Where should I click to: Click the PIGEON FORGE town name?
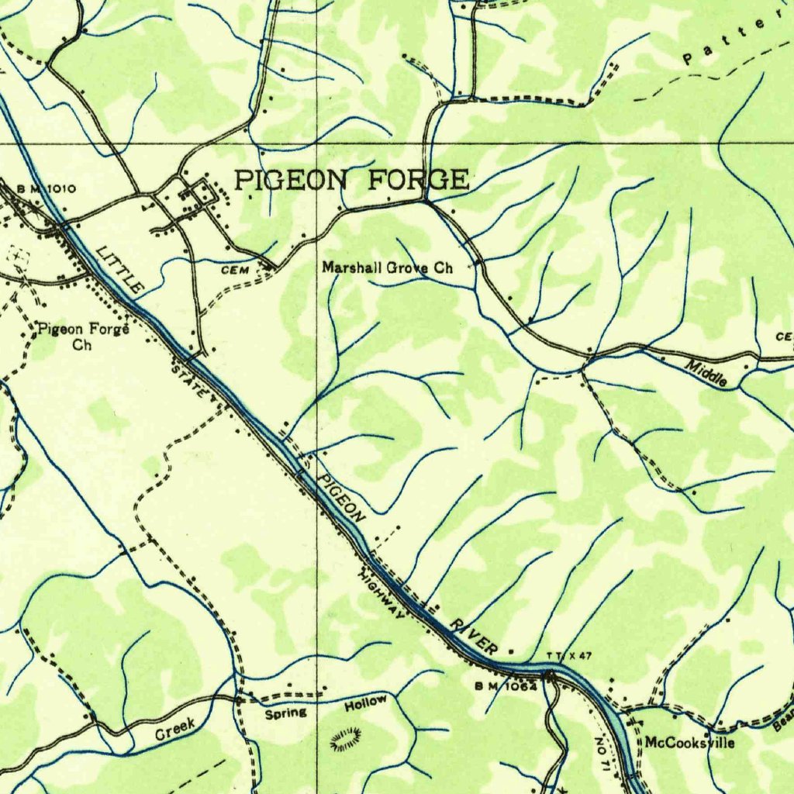pos(352,180)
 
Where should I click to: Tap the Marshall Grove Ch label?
pos(387,268)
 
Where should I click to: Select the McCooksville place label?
pos(689,743)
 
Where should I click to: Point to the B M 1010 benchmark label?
pos(47,188)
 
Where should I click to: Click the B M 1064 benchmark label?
pos(506,685)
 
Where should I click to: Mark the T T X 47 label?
pos(569,656)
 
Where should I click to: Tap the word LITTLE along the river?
pos(120,268)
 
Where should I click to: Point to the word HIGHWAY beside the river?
pos(381,595)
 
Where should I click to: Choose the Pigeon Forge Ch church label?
pos(82,336)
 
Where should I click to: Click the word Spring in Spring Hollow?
pos(286,713)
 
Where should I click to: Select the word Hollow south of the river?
pos(365,703)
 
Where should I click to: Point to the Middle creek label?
pos(706,374)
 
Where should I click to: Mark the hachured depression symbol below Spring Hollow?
pos(347,739)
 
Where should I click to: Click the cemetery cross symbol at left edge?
pos(18,255)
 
